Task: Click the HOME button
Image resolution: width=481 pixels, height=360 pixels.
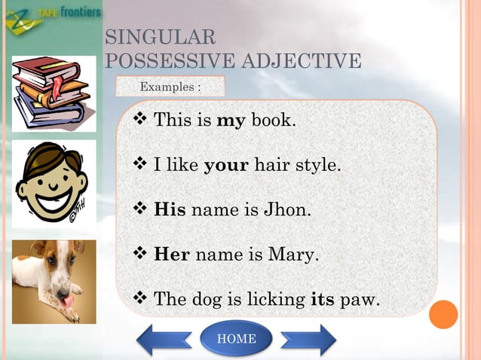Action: tap(236, 339)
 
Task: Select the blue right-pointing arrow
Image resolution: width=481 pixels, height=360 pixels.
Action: tap(308, 340)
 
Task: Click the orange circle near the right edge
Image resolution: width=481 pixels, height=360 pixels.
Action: tap(445, 314)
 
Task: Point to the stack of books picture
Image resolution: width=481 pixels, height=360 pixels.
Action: tap(54, 93)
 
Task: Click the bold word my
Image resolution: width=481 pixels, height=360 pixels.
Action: tap(231, 120)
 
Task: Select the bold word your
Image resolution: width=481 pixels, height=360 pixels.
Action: tap(226, 164)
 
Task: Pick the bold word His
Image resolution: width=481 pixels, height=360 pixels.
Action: tap(170, 209)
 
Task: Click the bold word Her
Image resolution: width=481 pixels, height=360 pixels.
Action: tap(171, 255)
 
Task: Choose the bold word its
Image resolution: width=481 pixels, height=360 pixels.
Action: tap(323, 299)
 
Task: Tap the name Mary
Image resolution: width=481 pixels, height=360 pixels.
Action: tap(294, 255)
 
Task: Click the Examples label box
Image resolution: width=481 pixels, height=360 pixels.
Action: tap(170, 87)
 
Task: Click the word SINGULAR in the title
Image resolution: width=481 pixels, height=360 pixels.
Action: tap(161, 36)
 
